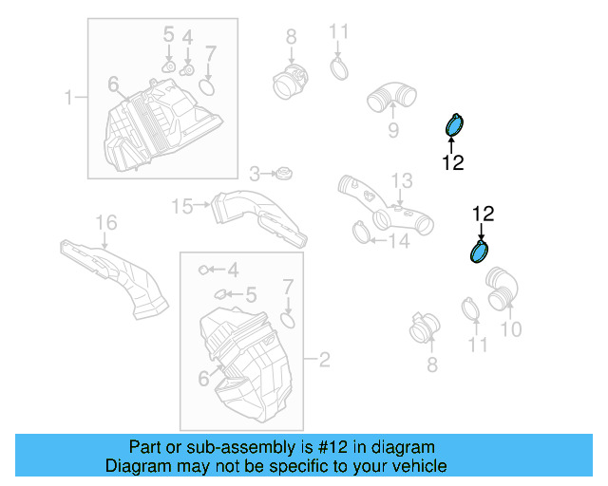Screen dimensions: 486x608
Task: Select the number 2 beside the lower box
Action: (x=324, y=360)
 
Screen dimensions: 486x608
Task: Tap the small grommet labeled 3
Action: (x=282, y=174)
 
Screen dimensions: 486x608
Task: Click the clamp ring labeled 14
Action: (x=360, y=231)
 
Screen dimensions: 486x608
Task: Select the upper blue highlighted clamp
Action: (x=455, y=125)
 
